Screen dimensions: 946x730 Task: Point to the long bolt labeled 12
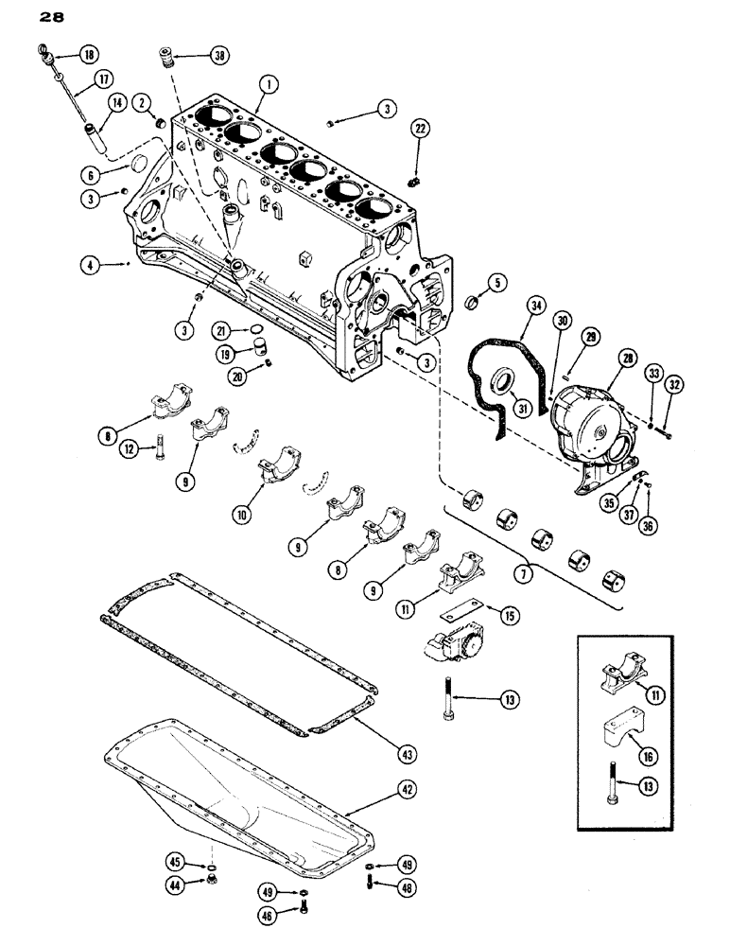156,452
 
